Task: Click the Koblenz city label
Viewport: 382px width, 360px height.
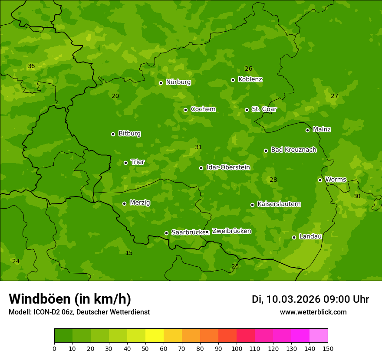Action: (x=250, y=79)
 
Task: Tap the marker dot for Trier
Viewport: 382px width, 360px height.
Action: (x=126, y=163)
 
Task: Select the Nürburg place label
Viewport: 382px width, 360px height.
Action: (x=178, y=82)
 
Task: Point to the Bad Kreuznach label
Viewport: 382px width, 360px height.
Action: (x=293, y=150)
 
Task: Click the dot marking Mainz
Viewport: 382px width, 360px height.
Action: (x=307, y=130)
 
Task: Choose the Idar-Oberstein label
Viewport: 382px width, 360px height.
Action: (x=228, y=167)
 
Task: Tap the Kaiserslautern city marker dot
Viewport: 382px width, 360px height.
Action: (x=252, y=205)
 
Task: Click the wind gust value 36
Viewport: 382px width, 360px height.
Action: (x=31, y=66)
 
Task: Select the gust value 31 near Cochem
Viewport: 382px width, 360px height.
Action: (x=198, y=147)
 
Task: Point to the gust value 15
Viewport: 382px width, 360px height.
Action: (x=129, y=253)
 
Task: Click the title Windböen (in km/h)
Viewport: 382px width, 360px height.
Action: (x=70, y=299)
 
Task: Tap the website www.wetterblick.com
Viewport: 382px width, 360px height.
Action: (x=313, y=312)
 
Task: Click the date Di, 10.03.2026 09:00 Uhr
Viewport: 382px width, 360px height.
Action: (x=310, y=299)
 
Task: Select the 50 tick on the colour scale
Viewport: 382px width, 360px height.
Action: (x=145, y=348)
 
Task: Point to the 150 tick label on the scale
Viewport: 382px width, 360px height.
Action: (x=328, y=348)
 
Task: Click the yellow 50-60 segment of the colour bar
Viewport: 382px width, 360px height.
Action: (x=155, y=336)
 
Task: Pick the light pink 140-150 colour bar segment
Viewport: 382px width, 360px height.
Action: (x=319, y=336)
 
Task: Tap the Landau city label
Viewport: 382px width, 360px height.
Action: (x=310, y=236)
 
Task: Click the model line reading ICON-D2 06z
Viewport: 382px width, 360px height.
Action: (x=79, y=312)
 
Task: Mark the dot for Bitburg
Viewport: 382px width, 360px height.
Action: (x=113, y=134)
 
